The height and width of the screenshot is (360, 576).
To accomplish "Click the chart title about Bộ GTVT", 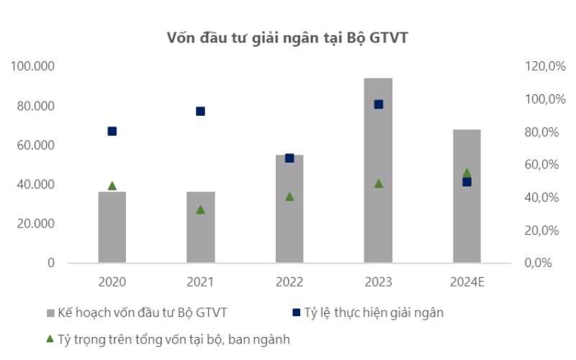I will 287,37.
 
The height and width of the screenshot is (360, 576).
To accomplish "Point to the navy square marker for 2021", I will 201,111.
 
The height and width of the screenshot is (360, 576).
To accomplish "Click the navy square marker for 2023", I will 378,104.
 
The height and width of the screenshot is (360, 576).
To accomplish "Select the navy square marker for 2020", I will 112,131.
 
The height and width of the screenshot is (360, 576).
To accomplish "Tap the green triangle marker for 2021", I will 201,210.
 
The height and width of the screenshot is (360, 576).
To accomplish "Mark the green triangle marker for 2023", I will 378,184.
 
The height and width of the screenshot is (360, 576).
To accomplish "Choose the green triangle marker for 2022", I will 289,196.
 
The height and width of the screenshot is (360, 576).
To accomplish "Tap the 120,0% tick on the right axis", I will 541,66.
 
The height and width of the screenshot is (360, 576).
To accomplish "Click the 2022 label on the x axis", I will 289,282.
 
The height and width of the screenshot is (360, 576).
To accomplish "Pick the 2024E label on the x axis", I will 467,282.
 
